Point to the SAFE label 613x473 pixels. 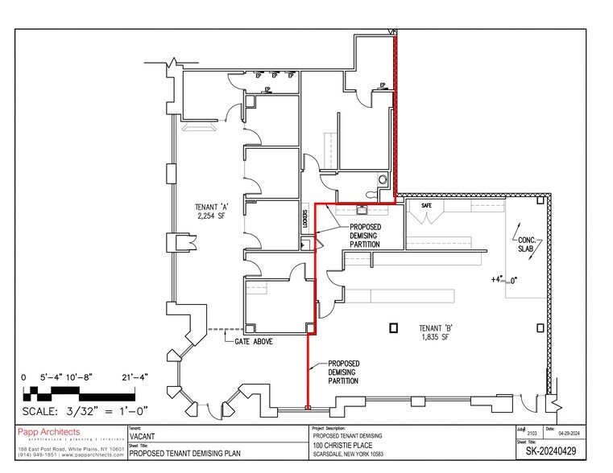427,206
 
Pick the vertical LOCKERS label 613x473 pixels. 305,221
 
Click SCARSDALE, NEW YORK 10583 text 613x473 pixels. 359,454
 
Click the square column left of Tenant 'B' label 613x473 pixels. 393,327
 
